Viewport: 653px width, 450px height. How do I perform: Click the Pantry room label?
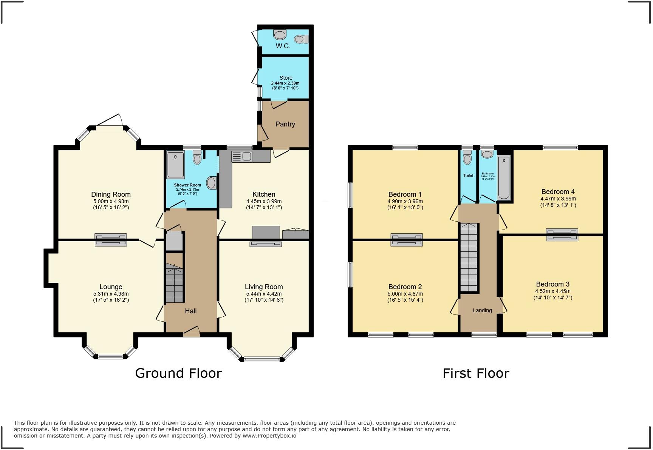(285, 124)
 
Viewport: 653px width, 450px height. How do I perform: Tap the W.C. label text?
(283, 46)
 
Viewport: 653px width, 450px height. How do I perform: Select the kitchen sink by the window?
(242, 156)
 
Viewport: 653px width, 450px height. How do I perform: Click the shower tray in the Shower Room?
(175, 165)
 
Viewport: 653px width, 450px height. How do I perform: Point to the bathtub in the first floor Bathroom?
(504, 178)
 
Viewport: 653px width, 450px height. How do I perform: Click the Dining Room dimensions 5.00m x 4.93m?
(111, 201)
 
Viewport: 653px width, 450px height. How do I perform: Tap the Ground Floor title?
(178, 373)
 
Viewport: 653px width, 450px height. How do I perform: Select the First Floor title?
(476, 373)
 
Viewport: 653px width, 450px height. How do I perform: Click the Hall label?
(190, 311)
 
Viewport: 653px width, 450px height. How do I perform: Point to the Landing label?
(482, 310)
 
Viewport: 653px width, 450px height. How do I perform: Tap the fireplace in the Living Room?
(265, 244)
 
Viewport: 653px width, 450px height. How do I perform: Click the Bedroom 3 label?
(552, 284)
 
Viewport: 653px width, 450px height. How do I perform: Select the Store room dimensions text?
(285, 86)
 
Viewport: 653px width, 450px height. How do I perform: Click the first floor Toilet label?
(468, 176)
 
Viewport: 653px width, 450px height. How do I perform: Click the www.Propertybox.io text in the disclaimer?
(269, 436)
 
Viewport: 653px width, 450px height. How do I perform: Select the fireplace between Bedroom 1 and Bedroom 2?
(406, 240)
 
